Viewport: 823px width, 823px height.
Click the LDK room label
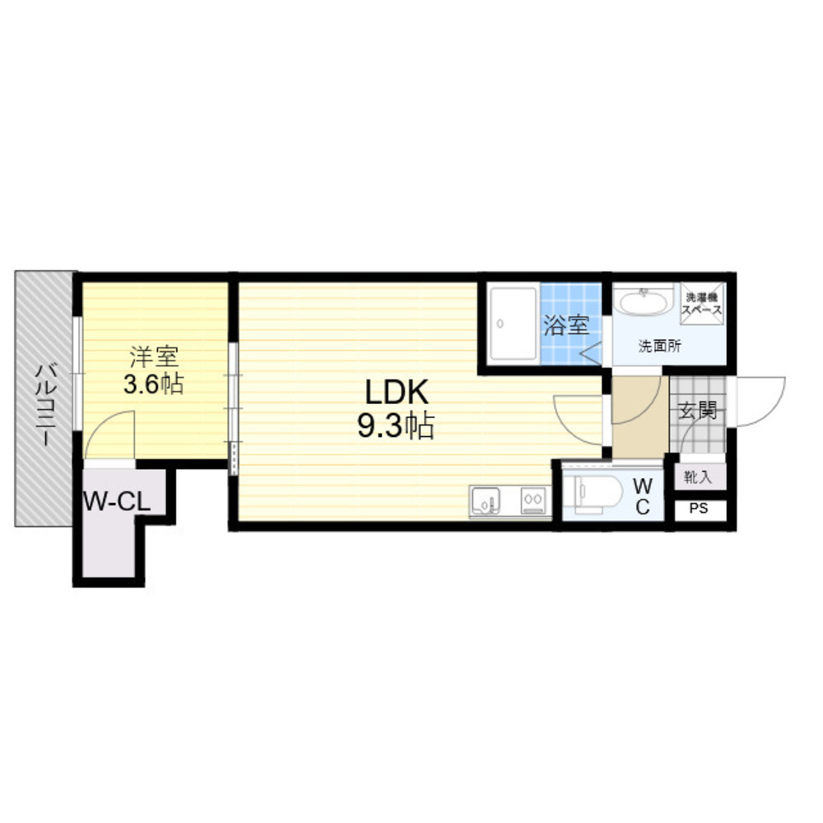tap(397, 393)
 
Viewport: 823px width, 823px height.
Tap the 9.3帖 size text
tap(396, 425)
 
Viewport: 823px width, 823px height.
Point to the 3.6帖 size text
tap(153, 384)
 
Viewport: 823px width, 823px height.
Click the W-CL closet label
tap(117, 502)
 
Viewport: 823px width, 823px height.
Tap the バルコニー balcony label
tap(44, 405)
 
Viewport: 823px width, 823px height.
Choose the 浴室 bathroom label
tap(566, 325)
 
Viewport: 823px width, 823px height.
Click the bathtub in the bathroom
tap(514, 323)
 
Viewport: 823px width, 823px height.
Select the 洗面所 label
tap(660, 346)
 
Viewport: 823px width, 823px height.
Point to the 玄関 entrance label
tap(698, 411)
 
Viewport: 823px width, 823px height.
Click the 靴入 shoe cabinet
tap(698, 477)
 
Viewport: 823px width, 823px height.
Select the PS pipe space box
tap(699, 509)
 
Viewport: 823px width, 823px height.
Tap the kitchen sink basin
tap(485, 500)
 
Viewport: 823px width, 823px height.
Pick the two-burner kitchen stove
tap(533, 500)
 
